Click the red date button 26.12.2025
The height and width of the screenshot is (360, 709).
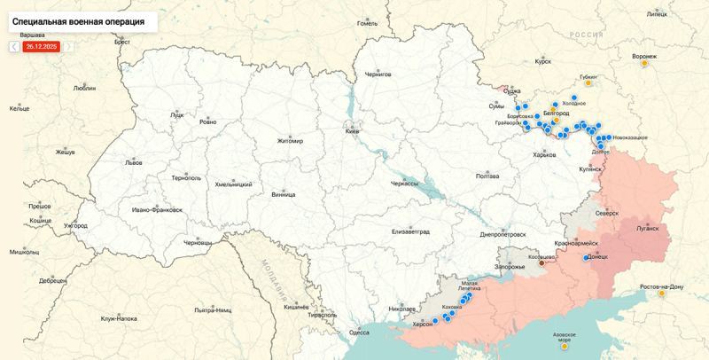coord(42,46)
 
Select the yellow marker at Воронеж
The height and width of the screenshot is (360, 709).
coord(645,64)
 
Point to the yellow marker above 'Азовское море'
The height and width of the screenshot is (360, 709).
coord(565,347)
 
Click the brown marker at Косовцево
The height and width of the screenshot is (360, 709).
coord(541,263)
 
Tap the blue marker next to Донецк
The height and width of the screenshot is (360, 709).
coord(585,258)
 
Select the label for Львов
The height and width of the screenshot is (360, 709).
coord(133,163)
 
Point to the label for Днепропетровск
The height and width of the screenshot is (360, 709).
coord(503,235)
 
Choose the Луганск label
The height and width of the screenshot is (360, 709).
coord(647,228)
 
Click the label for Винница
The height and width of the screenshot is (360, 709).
coord(283,194)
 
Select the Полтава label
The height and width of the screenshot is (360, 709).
coord(487,176)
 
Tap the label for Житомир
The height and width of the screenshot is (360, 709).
coord(289,141)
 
